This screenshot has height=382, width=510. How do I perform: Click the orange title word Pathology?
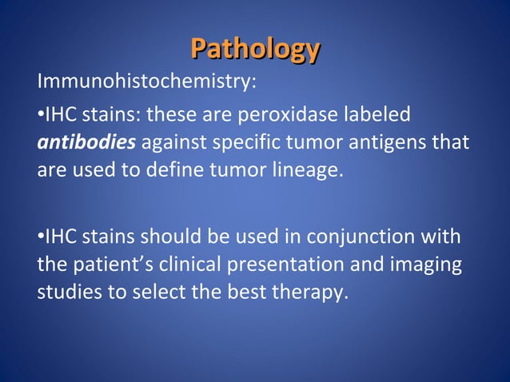(x=255, y=50)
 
